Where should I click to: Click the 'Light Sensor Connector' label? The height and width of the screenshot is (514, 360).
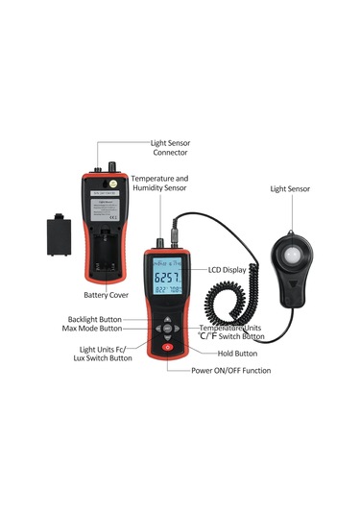pos(170,147)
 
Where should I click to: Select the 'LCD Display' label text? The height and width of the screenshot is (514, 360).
pos(227,271)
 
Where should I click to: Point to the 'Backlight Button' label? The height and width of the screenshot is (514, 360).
pos(95,319)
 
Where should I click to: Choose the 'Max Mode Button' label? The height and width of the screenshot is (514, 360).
pos(95,330)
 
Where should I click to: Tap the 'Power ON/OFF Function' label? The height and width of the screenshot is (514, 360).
pos(230,370)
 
